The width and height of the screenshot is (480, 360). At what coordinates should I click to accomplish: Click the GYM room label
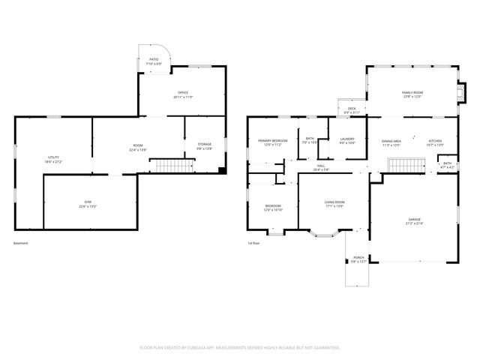[88, 204]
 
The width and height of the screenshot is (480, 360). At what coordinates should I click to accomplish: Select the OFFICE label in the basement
[183, 94]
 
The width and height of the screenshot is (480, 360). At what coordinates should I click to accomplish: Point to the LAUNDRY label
[347, 140]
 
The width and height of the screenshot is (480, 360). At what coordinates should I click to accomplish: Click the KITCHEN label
[435, 142]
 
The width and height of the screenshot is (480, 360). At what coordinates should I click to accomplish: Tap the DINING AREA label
[391, 142]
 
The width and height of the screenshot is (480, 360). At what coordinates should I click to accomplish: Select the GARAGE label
[415, 220]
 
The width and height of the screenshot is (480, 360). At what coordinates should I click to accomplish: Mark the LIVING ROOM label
[334, 203]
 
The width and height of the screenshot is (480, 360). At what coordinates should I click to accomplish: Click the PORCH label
[359, 259]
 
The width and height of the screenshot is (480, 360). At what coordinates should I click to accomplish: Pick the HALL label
[320, 167]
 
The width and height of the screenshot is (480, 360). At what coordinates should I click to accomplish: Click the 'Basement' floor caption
[21, 243]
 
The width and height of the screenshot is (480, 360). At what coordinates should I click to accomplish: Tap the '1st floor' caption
[253, 243]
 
